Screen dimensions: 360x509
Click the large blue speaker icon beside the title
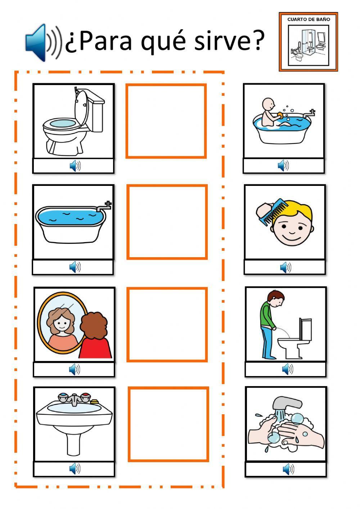tap(43, 43)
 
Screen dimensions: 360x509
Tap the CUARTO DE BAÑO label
tap(309, 19)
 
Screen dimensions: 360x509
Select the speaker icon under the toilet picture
tap(75, 166)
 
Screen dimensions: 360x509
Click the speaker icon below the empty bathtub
tap(75, 267)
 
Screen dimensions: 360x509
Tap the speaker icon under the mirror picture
tap(75, 369)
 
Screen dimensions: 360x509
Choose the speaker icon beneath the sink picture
tap(75, 469)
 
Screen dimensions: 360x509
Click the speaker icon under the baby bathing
tap(283, 165)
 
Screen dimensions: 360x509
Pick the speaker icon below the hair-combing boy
tap(286, 267)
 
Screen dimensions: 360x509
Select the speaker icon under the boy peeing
tap(288, 369)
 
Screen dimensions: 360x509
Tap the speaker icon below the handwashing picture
tap(288, 469)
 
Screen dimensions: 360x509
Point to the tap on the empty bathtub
tap(104, 206)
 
